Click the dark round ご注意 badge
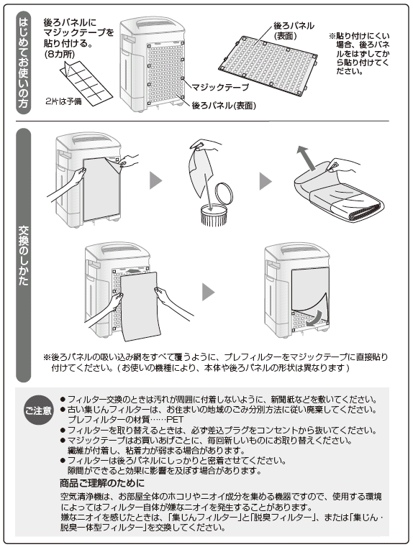[x=37, y=410]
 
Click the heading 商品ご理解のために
[x=101, y=483]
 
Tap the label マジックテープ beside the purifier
[x=220, y=87]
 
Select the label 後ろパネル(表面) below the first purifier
[x=224, y=106]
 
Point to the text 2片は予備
[x=63, y=101]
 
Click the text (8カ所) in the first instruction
[x=59, y=54]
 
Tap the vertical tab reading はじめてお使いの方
[x=24, y=63]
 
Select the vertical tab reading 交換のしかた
[x=24, y=255]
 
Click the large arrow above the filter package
[x=307, y=157]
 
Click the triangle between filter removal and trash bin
[x=155, y=181]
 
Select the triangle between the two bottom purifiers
[x=208, y=292]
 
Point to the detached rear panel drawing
[x=268, y=65]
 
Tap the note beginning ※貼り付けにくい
[x=359, y=53]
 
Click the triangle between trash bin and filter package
[x=265, y=181]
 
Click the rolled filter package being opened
[x=339, y=193]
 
